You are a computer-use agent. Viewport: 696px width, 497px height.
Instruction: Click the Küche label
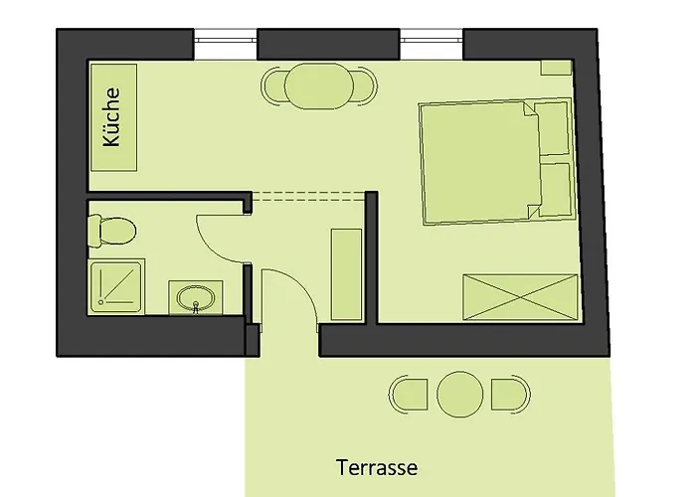[x=111, y=116]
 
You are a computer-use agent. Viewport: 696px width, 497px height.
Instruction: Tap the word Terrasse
[x=377, y=468]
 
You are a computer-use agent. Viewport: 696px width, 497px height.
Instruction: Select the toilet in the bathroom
[x=111, y=231]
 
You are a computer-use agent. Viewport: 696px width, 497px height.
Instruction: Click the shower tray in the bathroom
[x=116, y=286]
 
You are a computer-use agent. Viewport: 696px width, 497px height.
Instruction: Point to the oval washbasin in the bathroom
[x=195, y=297]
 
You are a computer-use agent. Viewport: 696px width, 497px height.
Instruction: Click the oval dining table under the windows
[x=319, y=86]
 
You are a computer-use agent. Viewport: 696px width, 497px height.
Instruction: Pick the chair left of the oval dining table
[x=272, y=86]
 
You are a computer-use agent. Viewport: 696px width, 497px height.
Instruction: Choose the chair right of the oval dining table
[x=366, y=86]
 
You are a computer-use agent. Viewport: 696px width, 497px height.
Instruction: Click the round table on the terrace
[x=459, y=395]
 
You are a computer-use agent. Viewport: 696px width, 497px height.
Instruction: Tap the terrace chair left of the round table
[x=409, y=395]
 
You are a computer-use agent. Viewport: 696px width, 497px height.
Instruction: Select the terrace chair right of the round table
[x=510, y=395]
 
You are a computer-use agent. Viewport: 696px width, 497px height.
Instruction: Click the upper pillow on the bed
[x=551, y=128]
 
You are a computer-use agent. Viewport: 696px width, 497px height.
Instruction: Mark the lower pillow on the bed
[x=555, y=190]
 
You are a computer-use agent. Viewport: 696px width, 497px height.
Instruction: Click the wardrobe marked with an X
[x=520, y=297]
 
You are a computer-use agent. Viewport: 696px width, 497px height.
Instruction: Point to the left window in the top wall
[x=226, y=40]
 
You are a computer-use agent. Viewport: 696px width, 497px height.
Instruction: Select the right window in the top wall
[x=432, y=40]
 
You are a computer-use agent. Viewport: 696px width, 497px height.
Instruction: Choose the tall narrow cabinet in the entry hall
[x=346, y=274]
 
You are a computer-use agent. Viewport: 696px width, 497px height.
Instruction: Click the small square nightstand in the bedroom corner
[x=556, y=68]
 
